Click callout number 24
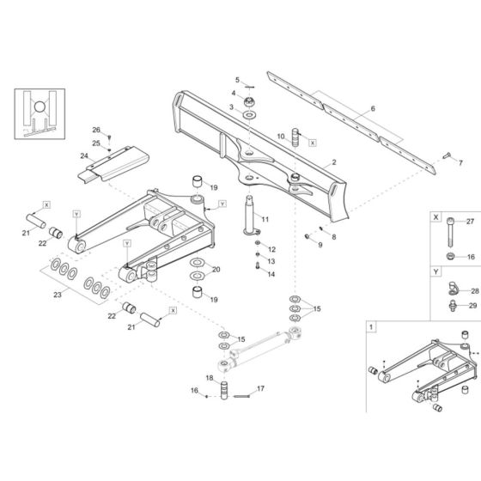(x=84, y=156)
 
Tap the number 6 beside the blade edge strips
(x=373, y=109)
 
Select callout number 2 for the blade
(x=332, y=162)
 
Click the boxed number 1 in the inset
(x=371, y=327)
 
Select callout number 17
(x=261, y=388)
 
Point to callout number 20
(x=216, y=269)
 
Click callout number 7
(x=460, y=162)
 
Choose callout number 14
(x=271, y=275)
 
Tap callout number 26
(x=96, y=129)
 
